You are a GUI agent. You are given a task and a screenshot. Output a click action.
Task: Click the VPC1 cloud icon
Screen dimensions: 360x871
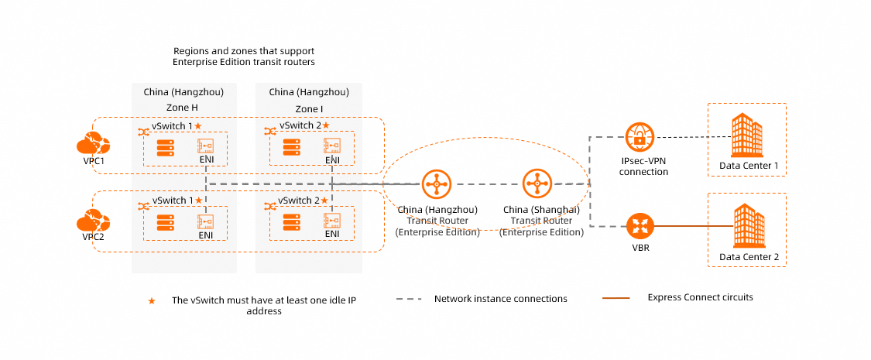click(93, 144)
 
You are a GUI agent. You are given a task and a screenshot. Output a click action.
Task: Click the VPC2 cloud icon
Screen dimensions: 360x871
click(93, 221)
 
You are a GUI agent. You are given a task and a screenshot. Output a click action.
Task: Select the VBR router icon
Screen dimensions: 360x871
click(640, 227)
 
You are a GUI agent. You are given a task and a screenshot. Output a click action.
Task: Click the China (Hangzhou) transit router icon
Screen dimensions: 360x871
click(437, 184)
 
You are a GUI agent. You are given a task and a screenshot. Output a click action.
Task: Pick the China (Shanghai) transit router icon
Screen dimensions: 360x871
click(537, 184)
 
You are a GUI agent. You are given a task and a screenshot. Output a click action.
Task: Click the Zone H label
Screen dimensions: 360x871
click(183, 108)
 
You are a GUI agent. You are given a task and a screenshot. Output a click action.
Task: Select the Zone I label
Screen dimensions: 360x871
click(309, 108)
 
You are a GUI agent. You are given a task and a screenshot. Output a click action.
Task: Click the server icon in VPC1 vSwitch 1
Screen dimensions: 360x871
click(166, 146)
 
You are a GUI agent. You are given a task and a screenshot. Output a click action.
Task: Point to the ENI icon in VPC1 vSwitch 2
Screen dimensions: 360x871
click(332, 146)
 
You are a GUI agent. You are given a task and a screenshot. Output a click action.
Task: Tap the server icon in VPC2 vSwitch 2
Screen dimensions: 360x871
click(291, 221)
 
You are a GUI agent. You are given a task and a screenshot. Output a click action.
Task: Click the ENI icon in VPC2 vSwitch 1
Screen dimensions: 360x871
click(206, 221)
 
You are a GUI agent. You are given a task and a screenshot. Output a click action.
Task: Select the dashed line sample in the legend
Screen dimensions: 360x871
click(410, 299)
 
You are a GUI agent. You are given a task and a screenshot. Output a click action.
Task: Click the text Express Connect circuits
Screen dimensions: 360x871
click(700, 297)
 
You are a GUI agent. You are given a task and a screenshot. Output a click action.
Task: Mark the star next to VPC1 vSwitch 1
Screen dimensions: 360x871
click(198, 125)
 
